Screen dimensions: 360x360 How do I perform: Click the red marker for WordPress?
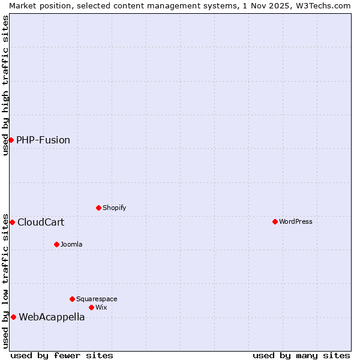point(275,221)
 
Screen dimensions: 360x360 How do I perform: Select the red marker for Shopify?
point(98,208)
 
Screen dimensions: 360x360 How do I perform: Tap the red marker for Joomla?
point(56,244)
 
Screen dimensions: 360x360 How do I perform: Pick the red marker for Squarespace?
point(72,299)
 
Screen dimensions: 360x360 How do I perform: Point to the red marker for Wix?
point(91,307)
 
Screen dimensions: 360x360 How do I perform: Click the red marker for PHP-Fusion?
point(11,140)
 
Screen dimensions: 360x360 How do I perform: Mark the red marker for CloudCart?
point(12,222)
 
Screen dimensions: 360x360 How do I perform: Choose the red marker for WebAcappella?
point(13,317)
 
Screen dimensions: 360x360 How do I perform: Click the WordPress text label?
point(296,221)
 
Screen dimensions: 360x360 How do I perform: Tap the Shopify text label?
point(114,208)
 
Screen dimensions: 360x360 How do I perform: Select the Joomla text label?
point(71,244)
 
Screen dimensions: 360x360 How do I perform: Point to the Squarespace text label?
point(97,299)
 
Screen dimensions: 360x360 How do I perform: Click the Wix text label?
point(101,307)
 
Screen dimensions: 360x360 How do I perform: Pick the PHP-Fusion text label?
point(43,140)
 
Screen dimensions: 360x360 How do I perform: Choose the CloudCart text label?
point(41,222)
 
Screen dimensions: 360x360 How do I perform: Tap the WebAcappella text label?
point(52,317)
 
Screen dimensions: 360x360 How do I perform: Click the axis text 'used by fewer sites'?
point(62,355)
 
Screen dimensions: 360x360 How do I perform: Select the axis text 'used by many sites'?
point(301,355)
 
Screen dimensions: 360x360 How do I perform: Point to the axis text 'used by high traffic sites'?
point(5,85)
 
